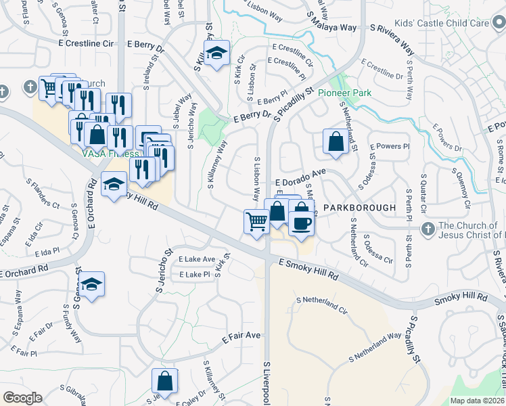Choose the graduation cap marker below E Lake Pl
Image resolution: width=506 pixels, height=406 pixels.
point(93,284)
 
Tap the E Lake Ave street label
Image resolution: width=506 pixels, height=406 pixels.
point(196,259)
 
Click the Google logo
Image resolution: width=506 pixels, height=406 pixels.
point(22,398)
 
